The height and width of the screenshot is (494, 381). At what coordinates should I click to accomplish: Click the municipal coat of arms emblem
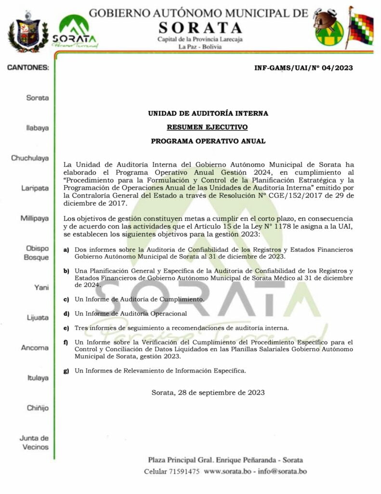tap(28, 32)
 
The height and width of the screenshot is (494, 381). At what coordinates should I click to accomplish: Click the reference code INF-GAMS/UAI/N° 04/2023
tap(303, 68)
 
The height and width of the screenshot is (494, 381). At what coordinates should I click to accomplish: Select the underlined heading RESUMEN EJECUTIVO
tap(208, 127)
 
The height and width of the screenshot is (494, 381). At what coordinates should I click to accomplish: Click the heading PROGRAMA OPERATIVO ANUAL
tap(208, 141)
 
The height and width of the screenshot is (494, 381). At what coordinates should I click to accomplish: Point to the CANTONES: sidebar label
tap(28, 68)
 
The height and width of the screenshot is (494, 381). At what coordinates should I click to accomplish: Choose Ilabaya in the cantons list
tap(37, 129)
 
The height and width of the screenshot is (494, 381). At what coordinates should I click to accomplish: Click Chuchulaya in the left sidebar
tap(30, 158)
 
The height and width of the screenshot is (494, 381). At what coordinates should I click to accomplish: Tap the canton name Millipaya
tap(34, 218)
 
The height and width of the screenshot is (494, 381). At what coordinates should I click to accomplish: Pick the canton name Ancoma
tap(35, 348)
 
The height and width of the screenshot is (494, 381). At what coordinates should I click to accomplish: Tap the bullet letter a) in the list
tap(66, 250)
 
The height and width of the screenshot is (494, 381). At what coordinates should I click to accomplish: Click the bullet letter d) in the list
tap(66, 314)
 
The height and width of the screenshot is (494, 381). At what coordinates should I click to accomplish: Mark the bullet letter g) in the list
tap(66, 370)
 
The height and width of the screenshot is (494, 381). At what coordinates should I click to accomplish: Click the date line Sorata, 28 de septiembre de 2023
tap(208, 393)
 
